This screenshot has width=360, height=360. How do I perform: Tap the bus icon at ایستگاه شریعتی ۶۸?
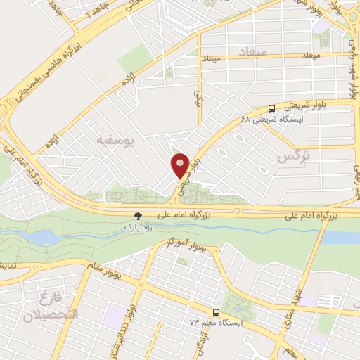tap(272, 108)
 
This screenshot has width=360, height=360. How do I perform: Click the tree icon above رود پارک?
tap(138, 217)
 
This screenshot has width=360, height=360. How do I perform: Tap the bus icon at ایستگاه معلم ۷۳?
tap(215, 311)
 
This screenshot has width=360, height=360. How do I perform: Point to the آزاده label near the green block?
tap(127, 82)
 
